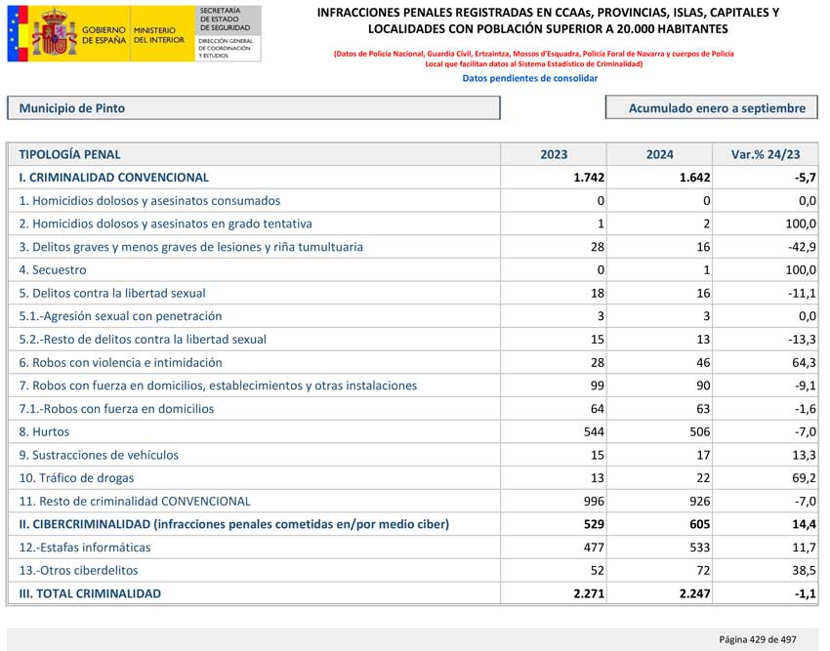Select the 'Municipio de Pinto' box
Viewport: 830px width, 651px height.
pos(253,108)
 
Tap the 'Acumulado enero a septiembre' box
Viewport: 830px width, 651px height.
pos(711,108)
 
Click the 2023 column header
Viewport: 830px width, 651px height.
pos(554,154)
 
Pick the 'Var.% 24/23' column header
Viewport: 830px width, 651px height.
pos(765,154)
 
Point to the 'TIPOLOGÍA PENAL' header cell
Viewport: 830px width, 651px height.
pos(69,154)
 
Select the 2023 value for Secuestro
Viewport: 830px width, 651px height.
pos(601,269)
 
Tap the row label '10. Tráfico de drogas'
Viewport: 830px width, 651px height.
pos(76,478)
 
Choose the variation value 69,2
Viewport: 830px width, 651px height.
pos(801,478)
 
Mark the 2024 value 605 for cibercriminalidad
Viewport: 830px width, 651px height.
pos(694,524)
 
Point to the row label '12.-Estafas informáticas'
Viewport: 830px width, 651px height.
pos(85,548)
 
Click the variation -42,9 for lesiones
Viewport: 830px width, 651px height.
pos(800,247)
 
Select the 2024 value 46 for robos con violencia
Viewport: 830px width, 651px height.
pos(701,362)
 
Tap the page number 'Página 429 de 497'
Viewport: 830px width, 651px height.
pos(757,639)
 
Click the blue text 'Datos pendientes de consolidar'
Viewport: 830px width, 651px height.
pos(529,78)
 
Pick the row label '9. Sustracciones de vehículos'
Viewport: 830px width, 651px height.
pos(99,455)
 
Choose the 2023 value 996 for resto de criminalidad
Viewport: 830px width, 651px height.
pos(593,501)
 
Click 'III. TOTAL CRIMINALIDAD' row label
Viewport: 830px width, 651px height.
pos(90,593)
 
